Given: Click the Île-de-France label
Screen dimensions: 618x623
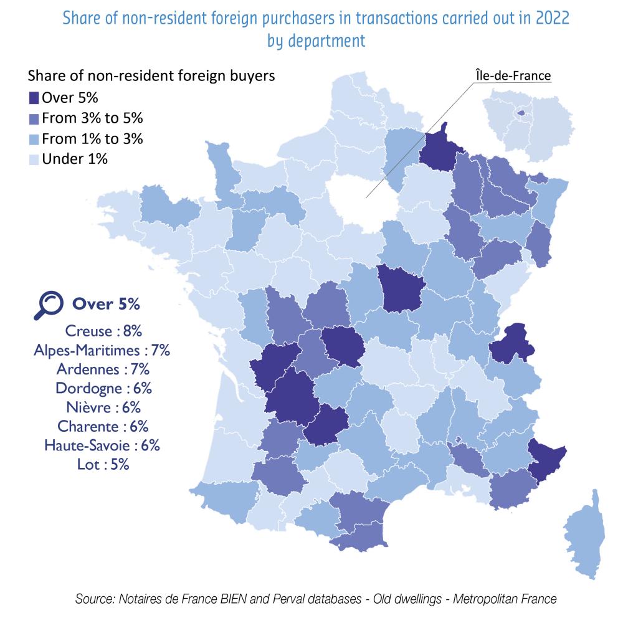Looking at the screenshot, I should click(x=510, y=76).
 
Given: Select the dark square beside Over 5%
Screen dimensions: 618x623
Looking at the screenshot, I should click(x=34, y=97).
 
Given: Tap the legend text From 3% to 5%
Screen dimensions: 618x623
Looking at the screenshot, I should click(x=93, y=118).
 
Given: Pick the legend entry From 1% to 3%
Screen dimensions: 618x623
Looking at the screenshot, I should click(x=93, y=138).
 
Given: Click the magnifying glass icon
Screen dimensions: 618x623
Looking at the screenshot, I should click(x=48, y=305).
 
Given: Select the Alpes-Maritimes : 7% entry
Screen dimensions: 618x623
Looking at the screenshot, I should click(x=102, y=349).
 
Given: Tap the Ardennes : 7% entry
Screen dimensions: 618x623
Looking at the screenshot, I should click(x=102, y=369).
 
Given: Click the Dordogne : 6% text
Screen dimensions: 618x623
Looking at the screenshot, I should click(x=103, y=388).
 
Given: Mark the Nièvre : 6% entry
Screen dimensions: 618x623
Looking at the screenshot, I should click(x=103, y=407).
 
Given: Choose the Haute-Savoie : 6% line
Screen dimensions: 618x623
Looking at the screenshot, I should click(x=102, y=445).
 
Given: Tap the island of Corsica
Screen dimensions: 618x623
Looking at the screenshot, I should click(x=589, y=536).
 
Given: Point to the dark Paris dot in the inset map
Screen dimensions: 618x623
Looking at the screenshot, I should click(x=521, y=113).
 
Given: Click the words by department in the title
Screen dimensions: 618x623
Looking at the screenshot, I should click(x=316, y=41).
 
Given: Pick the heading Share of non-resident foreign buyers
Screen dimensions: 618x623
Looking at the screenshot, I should click(x=151, y=76).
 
